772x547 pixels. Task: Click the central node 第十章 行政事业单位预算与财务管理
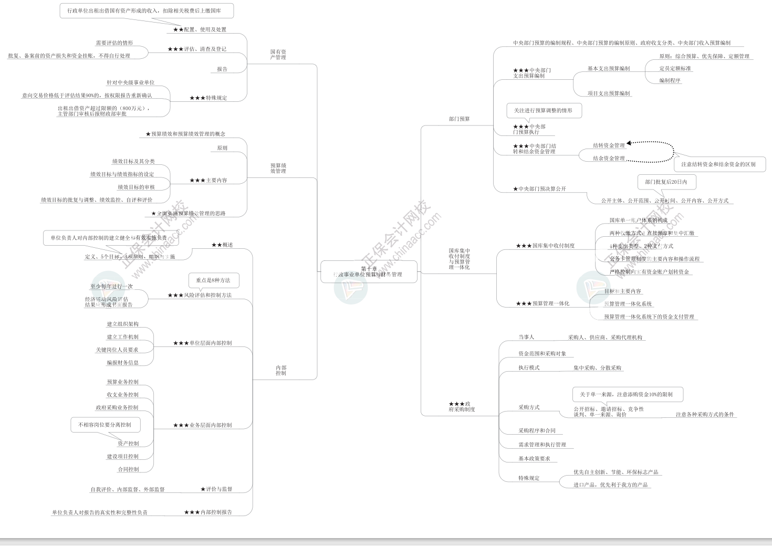pos(369,271)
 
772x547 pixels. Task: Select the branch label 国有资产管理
pos(278,55)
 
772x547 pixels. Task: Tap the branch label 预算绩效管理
pos(278,168)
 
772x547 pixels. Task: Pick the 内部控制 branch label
pos(281,371)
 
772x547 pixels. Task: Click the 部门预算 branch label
pos(459,119)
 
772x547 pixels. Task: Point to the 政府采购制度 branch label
pos(462,407)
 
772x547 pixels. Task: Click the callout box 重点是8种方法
pos(213,280)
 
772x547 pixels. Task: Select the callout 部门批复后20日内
pos(666,182)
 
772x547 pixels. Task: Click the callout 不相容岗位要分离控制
pos(105,425)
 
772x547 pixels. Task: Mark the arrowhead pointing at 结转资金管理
pos(629,143)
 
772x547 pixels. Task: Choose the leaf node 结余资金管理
pos(609,159)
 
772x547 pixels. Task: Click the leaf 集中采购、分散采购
pos(597,368)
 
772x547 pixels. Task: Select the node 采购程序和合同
pos(537,430)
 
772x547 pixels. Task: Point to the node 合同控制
pos(128,469)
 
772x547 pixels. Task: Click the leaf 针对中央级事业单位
pos(130,82)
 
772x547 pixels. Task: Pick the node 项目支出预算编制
pos(609,93)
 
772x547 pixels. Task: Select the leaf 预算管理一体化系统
pos(628,304)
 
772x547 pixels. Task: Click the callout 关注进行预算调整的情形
pos(543,111)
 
